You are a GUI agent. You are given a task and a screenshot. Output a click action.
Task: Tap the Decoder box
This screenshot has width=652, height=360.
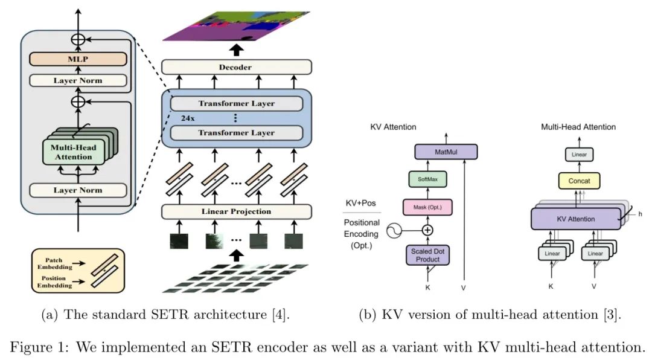pyautogui.click(x=236, y=67)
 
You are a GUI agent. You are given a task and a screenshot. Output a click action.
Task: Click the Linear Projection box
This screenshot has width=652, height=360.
pyautogui.click(x=236, y=211)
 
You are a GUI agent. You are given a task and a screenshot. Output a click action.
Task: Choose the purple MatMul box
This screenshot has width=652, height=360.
pyautogui.click(x=446, y=152)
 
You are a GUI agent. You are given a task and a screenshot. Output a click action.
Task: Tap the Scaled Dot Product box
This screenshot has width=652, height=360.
pyautogui.click(x=428, y=255)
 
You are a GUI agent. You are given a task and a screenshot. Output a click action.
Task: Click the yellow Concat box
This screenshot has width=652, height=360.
pyautogui.click(x=578, y=181)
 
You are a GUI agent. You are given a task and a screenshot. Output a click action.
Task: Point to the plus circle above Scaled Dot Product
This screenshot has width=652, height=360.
pyautogui.click(x=428, y=230)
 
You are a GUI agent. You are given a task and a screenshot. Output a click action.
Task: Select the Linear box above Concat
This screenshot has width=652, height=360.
pyautogui.click(x=578, y=155)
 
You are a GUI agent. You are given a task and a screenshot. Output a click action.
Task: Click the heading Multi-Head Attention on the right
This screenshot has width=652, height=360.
pyautogui.click(x=578, y=127)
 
